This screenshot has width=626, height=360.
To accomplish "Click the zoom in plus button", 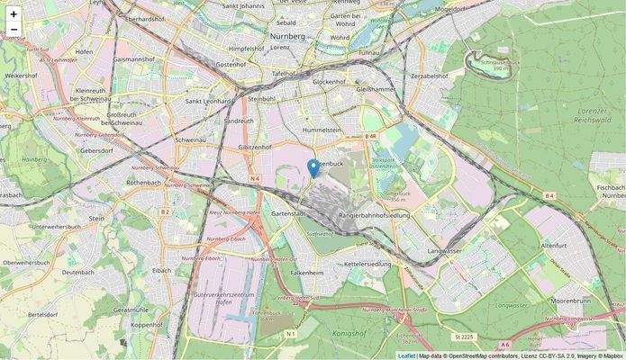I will [14, 14].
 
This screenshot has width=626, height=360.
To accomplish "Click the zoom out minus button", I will [14, 30].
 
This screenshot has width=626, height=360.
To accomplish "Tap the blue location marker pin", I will [313, 168].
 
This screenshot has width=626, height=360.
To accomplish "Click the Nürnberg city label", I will [289, 36].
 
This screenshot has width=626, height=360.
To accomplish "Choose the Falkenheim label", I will [307, 271].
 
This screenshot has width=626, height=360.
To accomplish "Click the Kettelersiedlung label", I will [367, 265].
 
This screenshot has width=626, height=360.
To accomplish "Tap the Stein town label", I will [97, 218].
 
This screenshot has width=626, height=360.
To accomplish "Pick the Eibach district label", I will [161, 270].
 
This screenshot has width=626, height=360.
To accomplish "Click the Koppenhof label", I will [146, 324].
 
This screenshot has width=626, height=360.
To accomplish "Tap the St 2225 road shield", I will [464, 337].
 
